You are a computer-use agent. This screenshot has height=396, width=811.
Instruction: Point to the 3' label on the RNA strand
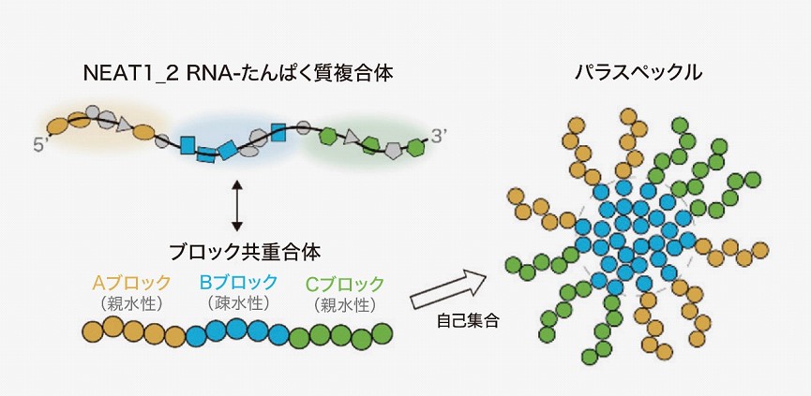(441, 131)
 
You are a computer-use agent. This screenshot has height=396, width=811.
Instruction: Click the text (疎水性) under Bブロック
(238, 304)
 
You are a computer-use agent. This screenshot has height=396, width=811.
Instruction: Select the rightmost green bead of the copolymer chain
(382, 332)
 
